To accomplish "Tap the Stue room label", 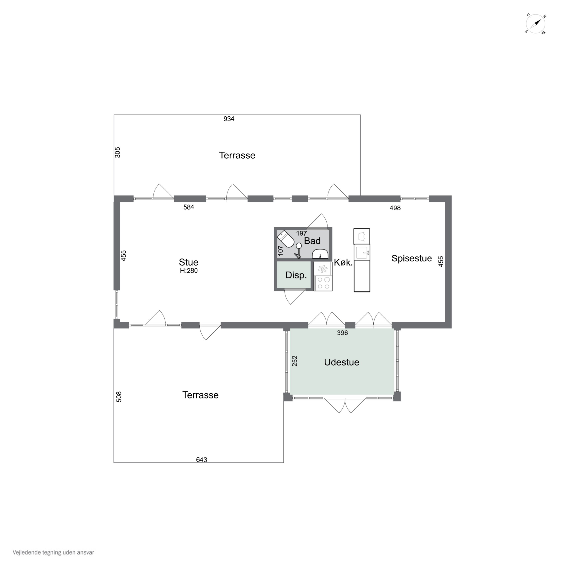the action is [x=189, y=262].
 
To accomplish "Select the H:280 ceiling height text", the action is [x=189, y=271].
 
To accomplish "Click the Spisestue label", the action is [x=412, y=258].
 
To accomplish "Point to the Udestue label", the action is [x=342, y=362].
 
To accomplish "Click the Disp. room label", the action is [x=296, y=275].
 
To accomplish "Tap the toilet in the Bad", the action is [x=286, y=239].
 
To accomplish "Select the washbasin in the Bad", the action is [x=320, y=254].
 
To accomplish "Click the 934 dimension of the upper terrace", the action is [x=229, y=119].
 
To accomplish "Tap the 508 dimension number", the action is [x=119, y=397].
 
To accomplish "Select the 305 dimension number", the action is [x=118, y=152].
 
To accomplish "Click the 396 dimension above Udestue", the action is [x=342, y=333].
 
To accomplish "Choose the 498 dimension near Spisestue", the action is [x=395, y=208].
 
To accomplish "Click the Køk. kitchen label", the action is [x=343, y=262].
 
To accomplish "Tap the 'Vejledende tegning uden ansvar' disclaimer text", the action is [x=53, y=552].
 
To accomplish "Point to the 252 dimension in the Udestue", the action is [x=295, y=361].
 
